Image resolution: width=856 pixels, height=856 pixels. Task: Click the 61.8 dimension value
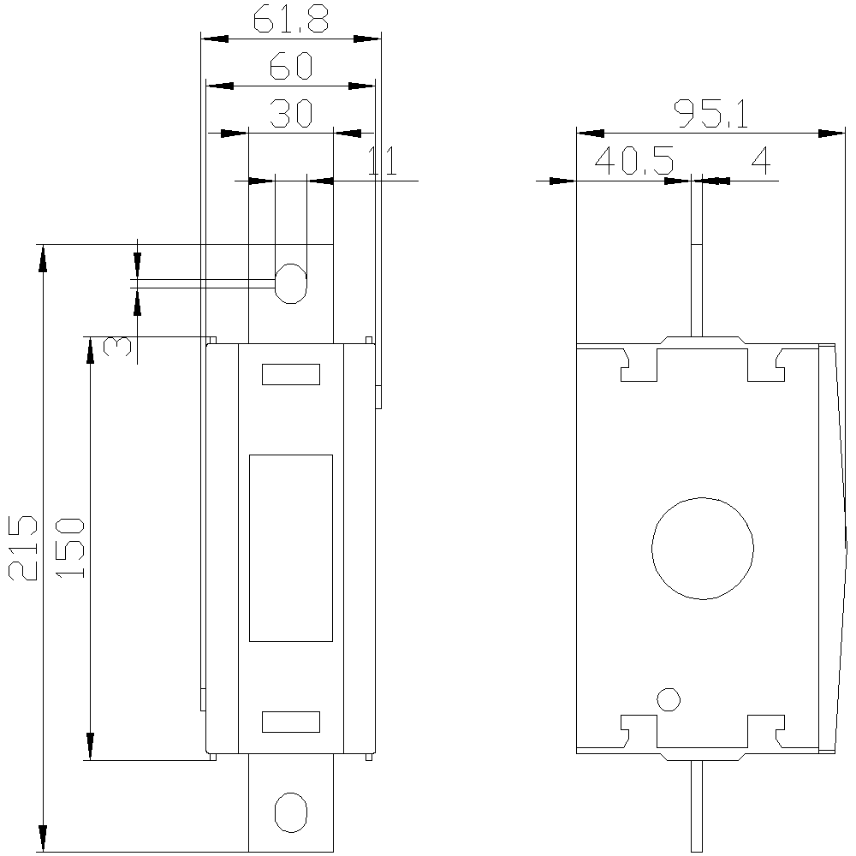[x=290, y=21]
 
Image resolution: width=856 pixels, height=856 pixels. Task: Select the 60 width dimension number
[x=291, y=66]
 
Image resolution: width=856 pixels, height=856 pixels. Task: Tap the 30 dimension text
[x=291, y=113]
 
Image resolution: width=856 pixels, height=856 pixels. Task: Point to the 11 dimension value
[x=383, y=161]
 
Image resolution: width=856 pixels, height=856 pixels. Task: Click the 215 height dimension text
[x=23, y=547]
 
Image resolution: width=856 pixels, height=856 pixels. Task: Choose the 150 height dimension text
[x=70, y=548]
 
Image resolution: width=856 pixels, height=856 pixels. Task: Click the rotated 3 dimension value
[x=117, y=346]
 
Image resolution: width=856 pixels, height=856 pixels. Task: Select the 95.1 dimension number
[x=710, y=114]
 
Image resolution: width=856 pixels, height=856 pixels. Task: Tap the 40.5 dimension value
[x=633, y=161]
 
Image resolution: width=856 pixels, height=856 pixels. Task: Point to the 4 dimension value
[x=760, y=161]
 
